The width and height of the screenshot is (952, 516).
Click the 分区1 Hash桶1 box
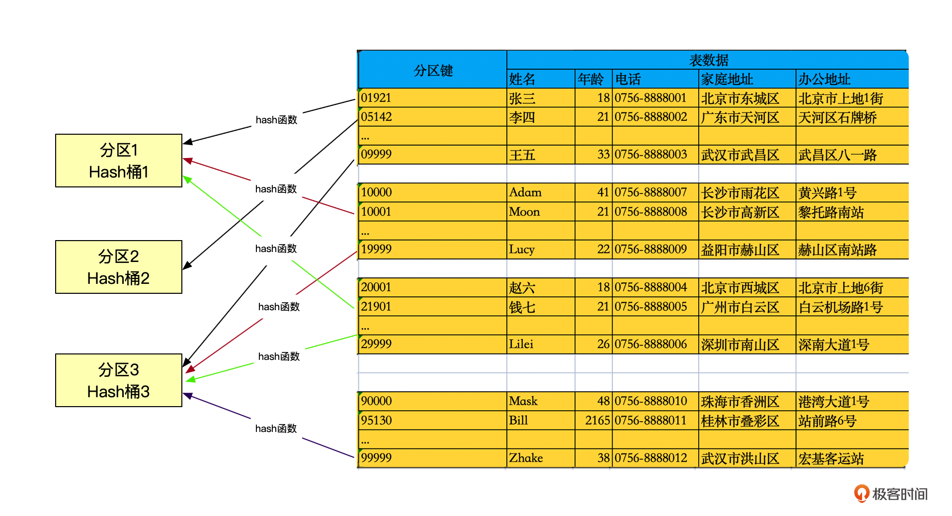119,161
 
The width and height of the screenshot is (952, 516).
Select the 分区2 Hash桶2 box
119,267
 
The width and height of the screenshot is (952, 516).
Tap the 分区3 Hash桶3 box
119,380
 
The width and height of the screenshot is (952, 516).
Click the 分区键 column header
433,70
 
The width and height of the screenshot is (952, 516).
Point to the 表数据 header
709,60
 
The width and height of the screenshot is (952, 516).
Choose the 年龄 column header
591,79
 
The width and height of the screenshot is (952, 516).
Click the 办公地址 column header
824,79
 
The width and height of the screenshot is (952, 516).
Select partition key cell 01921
376,98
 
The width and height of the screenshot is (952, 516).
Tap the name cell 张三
522,98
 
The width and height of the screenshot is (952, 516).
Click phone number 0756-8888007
651,192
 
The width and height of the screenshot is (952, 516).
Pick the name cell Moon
524,212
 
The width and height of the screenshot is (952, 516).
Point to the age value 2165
597,421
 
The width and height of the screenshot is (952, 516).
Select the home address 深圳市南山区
740,344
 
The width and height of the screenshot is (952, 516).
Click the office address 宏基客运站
831,458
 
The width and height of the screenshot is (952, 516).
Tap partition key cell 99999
376,458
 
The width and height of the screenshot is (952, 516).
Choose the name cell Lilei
521,344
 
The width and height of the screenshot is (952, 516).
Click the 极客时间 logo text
900,494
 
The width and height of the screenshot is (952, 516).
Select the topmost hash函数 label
276,120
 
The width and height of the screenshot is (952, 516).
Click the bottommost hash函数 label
276,429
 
